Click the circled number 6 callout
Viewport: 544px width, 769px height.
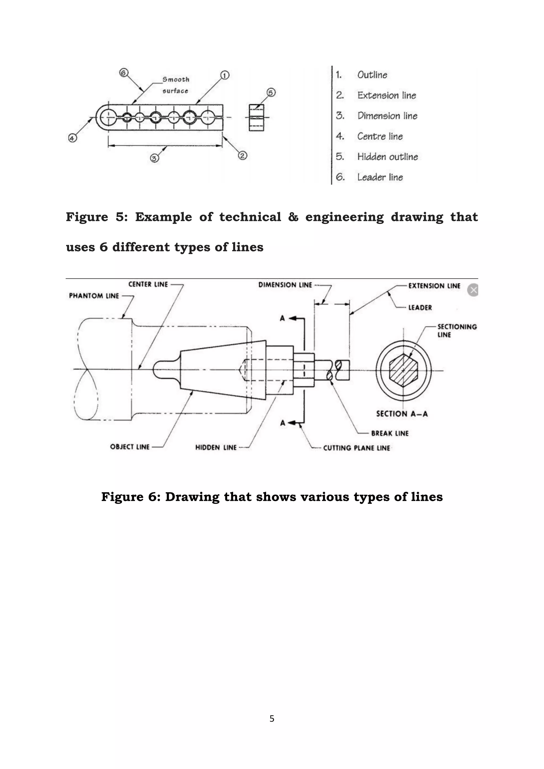click(x=124, y=73)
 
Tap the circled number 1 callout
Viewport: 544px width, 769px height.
click(x=225, y=75)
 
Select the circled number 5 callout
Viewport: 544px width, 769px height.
click(x=271, y=92)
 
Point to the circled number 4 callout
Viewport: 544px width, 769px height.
click(x=72, y=138)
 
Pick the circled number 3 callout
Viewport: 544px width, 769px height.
click(x=154, y=158)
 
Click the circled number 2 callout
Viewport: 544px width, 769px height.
click(x=243, y=155)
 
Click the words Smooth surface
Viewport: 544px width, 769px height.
click(x=176, y=85)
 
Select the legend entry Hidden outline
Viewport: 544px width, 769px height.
click(x=387, y=157)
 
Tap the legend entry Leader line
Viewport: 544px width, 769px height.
click(x=380, y=177)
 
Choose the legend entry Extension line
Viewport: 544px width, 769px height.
click(x=386, y=95)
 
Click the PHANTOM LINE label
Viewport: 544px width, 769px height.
click(x=94, y=296)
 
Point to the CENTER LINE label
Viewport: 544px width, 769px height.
click(x=148, y=284)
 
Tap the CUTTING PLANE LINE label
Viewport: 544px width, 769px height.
click(x=356, y=448)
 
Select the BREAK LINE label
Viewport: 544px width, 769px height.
click(x=390, y=433)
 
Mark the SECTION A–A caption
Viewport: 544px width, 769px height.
click(x=402, y=414)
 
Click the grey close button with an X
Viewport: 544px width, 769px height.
click(x=473, y=290)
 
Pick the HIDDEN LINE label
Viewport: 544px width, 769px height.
click(x=216, y=447)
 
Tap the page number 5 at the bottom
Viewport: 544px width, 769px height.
click(x=272, y=719)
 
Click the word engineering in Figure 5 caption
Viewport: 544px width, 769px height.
click(x=344, y=217)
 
